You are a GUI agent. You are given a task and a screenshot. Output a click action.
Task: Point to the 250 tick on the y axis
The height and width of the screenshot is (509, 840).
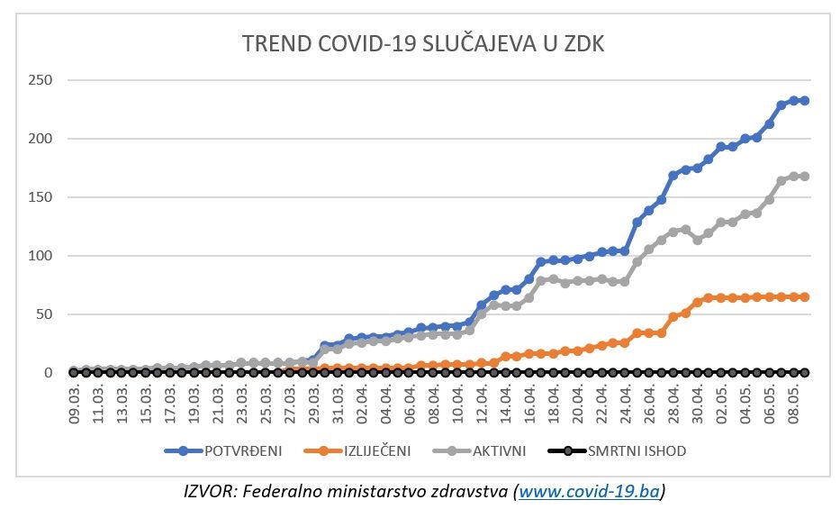pos(41,80)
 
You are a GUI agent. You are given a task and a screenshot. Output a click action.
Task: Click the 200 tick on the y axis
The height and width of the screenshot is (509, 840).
pos(41,139)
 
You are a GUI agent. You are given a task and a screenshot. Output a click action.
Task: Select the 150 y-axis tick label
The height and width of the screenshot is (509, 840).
pos(41,197)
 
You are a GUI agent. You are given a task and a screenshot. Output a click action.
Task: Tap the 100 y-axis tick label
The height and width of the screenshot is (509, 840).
pos(41,256)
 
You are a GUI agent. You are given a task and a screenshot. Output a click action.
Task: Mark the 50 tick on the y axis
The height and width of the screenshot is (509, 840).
pos(44,314)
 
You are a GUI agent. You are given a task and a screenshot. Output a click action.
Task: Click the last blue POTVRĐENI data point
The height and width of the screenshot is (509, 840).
pos(804,101)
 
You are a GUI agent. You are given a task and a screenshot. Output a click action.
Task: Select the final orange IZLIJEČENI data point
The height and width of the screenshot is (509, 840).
pos(804,296)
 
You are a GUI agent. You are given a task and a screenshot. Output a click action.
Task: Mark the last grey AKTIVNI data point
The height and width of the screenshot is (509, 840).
pos(804,176)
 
